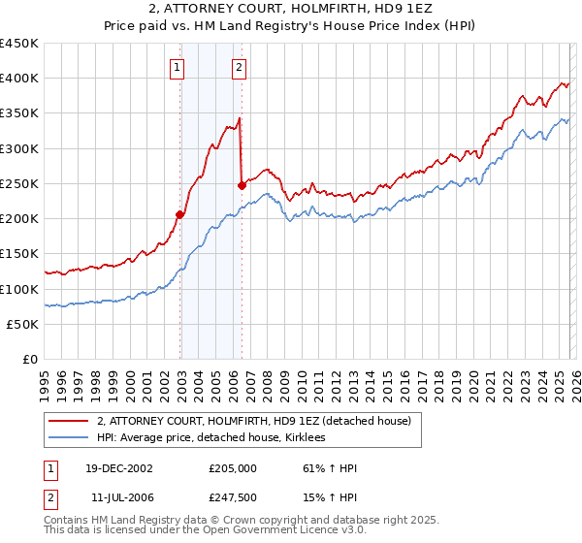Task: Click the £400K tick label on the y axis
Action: point(18,79)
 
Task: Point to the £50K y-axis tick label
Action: point(22,325)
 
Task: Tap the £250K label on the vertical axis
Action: point(18,184)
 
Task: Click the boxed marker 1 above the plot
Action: point(178,68)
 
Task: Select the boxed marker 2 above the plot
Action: point(239,68)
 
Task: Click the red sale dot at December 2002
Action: point(180,214)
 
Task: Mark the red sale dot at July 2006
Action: point(242,184)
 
